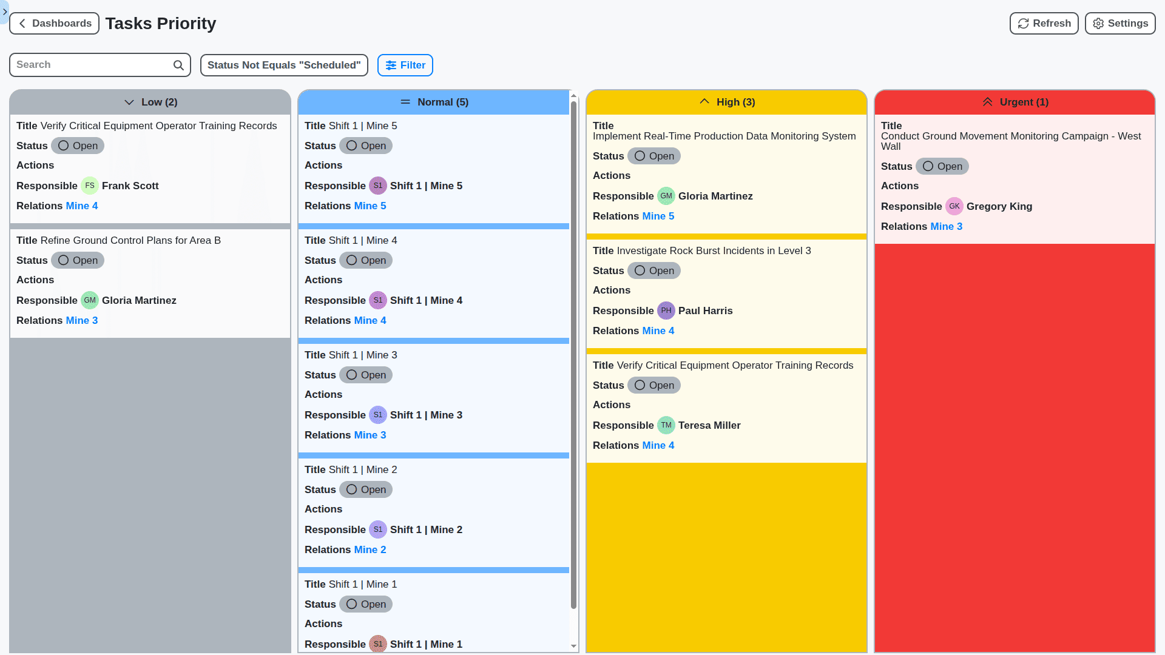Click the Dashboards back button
55,24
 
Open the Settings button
1119,24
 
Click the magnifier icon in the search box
178,65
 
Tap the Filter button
405,65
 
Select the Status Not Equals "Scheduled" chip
284,65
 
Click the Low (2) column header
150,102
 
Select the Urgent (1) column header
1015,102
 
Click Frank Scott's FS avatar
90,186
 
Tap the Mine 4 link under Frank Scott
82,206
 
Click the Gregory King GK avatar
954,207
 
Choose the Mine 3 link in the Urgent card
946,227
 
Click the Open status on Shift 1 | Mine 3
366,375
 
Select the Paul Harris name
705,311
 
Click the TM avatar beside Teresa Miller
666,426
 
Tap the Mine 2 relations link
370,550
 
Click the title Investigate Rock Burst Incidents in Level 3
713,251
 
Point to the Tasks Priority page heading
161,24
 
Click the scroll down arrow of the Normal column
573,647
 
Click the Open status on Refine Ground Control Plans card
78,261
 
